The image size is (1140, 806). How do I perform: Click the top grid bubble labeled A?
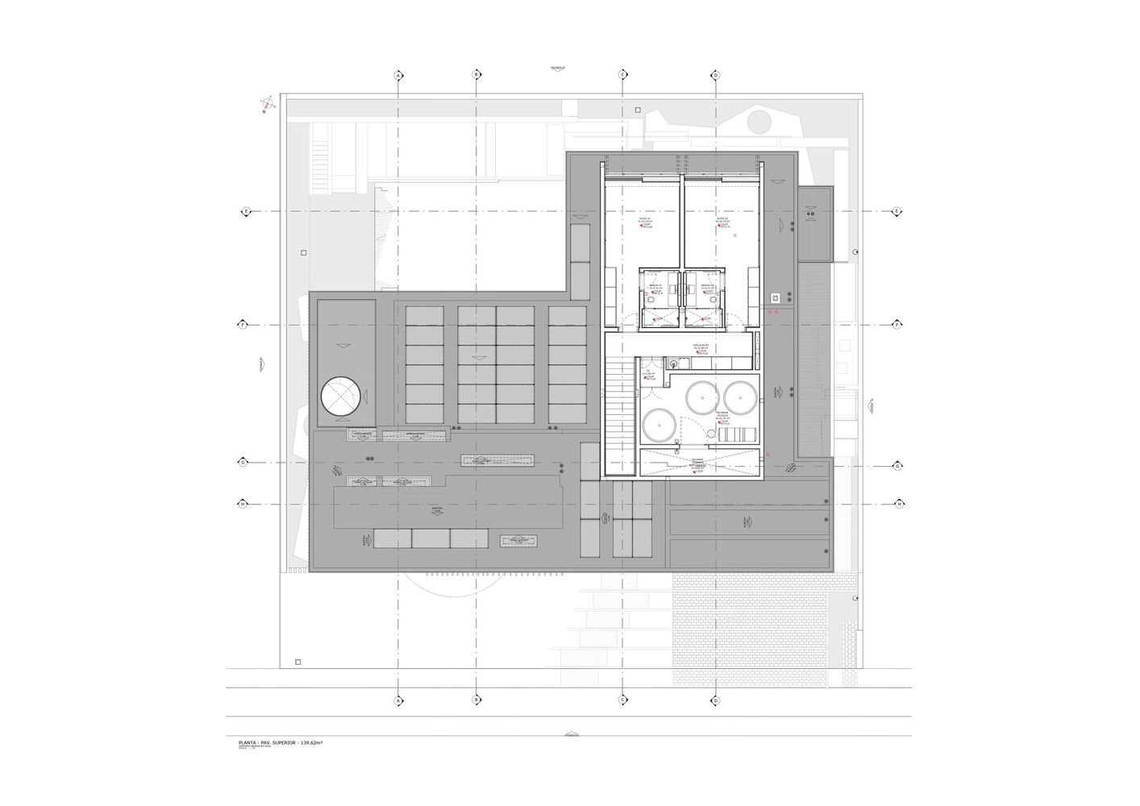click(398, 75)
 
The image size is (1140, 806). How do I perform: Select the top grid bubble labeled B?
click(476, 75)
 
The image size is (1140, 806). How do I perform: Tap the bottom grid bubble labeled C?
click(622, 700)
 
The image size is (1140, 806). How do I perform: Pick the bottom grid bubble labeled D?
click(715, 700)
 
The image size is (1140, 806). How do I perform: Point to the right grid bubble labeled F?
click(897, 325)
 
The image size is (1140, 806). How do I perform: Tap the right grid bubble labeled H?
click(898, 504)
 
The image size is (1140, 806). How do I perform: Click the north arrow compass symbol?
click(267, 104)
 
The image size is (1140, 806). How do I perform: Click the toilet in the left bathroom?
click(651, 298)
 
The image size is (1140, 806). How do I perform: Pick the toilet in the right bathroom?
click(715, 298)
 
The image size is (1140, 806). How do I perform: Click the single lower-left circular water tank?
click(661, 424)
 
